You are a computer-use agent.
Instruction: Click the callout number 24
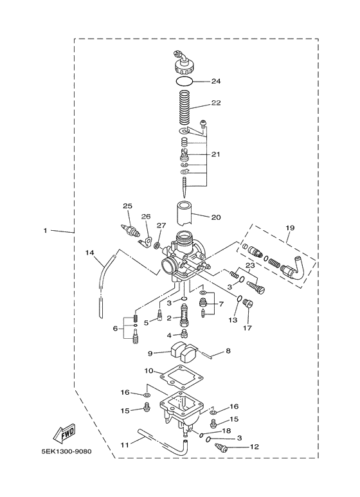click(216, 82)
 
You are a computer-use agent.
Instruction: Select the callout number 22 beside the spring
click(216, 104)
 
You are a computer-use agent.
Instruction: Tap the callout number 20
click(216, 217)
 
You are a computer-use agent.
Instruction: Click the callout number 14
click(91, 253)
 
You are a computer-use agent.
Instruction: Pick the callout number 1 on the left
click(46, 230)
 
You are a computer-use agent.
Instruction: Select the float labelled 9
click(183, 352)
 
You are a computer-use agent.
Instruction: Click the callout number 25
click(127, 206)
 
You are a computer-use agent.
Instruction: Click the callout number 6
click(115, 329)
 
